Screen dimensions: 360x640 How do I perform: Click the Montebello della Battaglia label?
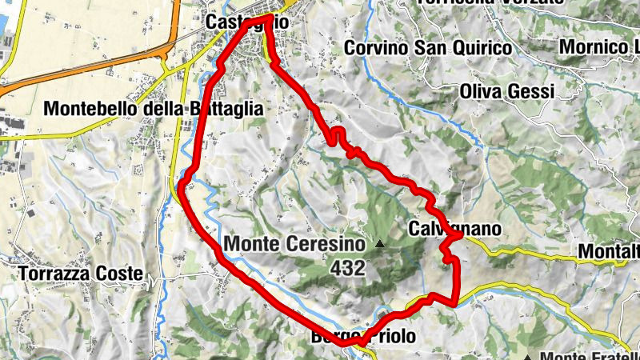pyautogui.click(x=154, y=108)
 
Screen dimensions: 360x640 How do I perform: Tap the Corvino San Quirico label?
pyautogui.click(x=427, y=48)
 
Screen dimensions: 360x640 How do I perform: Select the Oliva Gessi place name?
pyautogui.click(x=506, y=92)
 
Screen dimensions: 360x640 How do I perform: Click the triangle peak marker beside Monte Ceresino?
pyautogui.click(x=381, y=242)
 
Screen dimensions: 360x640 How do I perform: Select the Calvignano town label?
pyautogui.click(x=454, y=230)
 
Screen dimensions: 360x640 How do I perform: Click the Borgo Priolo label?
pyautogui.click(x=362, y=337)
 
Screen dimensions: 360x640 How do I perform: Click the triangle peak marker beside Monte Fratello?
pyautogui.click(x=528, y=356)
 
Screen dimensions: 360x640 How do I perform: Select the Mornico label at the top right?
pyautogui.click(x=598, y=47)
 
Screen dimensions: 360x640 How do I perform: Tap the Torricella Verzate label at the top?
pyautogui.click(x=490, y=2)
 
